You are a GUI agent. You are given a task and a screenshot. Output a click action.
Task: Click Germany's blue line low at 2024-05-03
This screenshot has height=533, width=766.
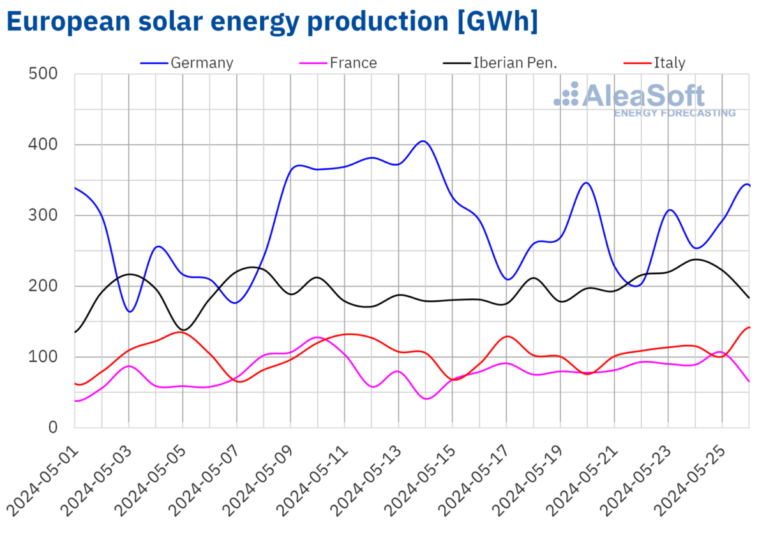[130, 311]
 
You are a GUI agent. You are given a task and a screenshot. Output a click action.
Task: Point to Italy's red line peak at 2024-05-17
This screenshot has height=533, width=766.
[507, 336]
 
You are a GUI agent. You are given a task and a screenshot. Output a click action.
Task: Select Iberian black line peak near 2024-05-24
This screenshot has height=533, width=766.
[696, 259]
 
